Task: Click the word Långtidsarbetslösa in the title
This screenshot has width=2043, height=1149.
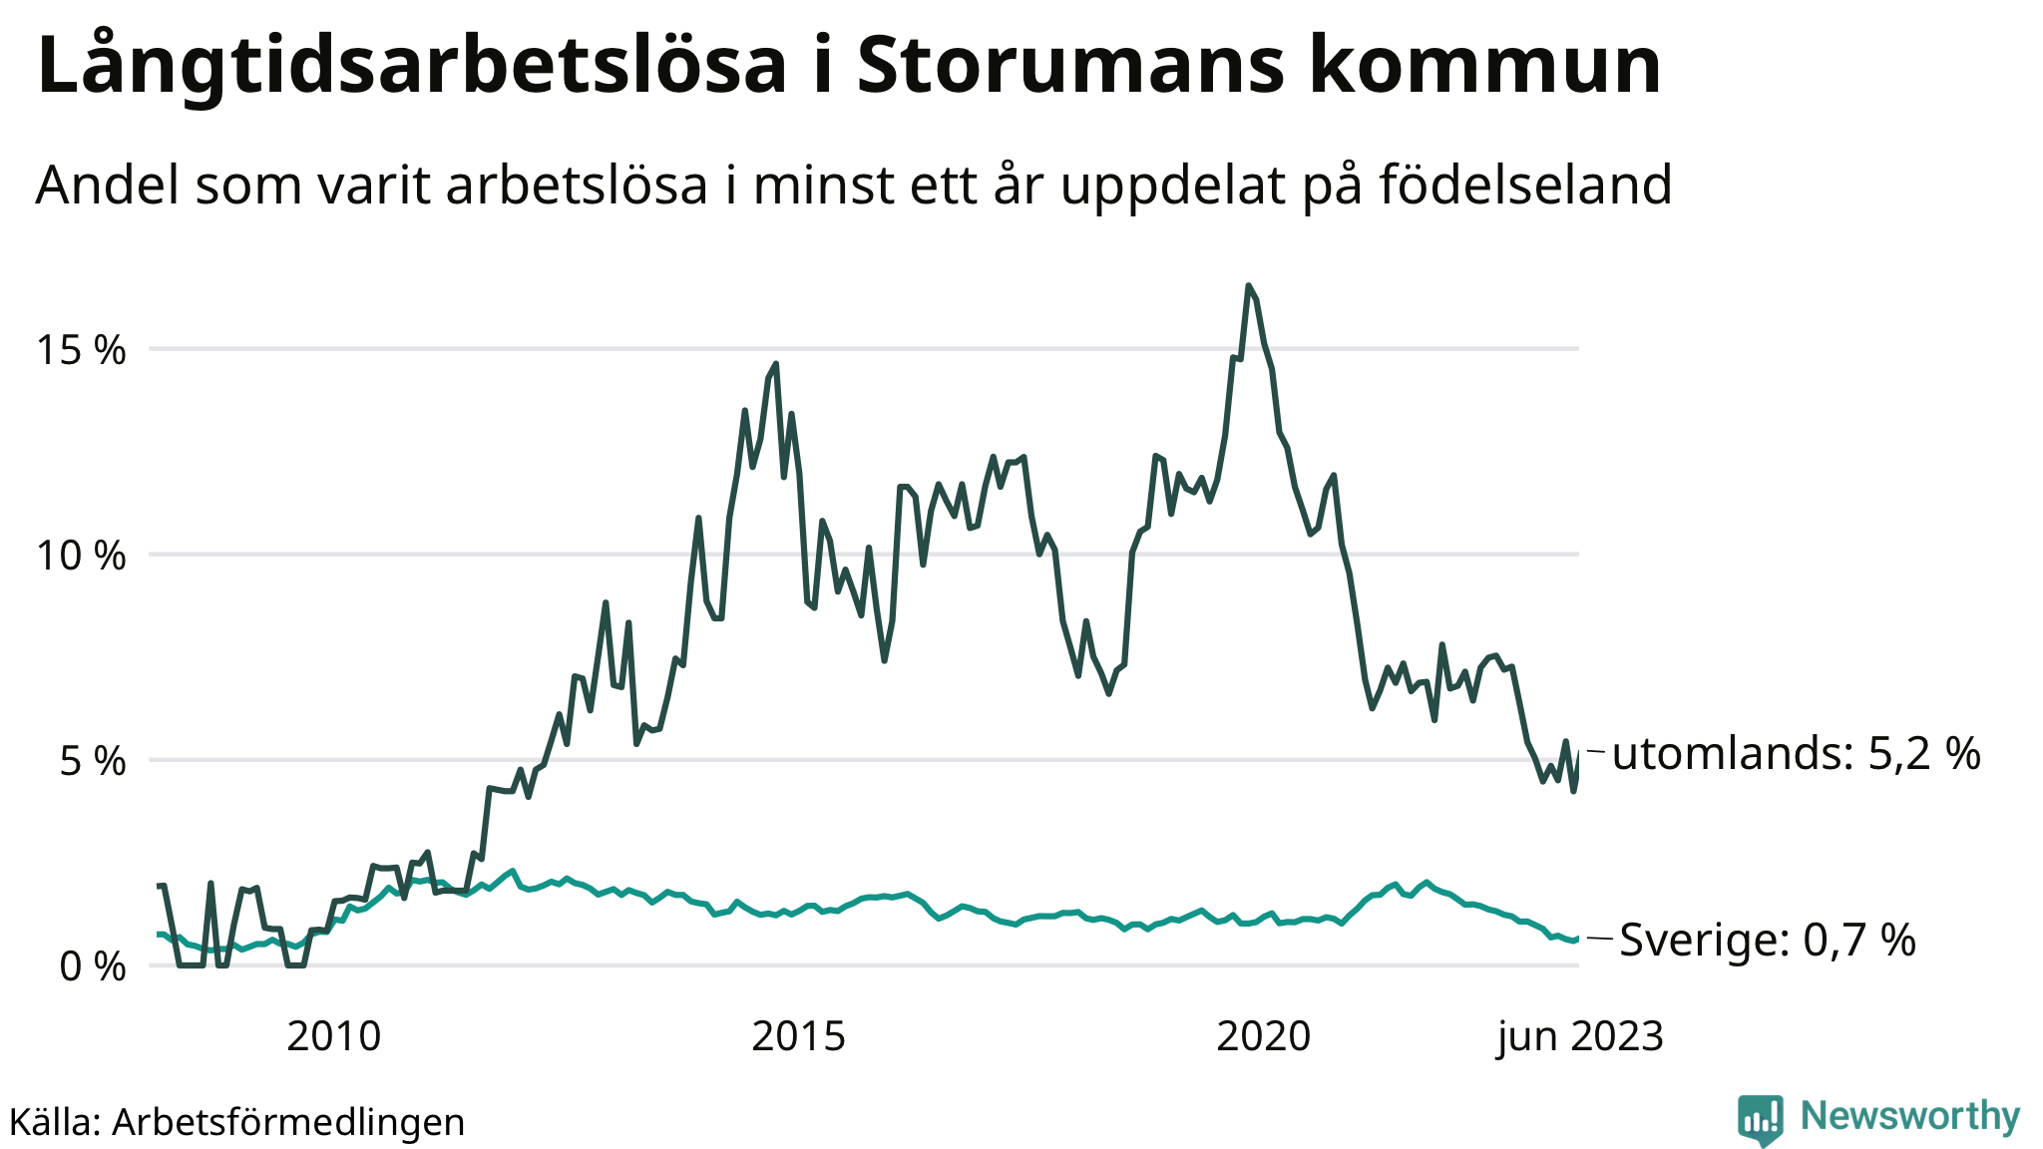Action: (x=411, y=66)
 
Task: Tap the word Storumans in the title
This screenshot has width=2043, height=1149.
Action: (x=1068, y=66)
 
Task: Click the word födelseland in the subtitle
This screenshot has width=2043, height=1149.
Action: (x=1525, y=185)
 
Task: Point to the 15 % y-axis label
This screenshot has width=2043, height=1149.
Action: (x=82, y=350)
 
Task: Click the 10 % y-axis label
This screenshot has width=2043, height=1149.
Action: (x=82, y=556)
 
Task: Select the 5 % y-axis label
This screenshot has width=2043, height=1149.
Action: (x=93, y=762)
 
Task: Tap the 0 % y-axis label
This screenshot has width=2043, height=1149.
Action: (x=93, y=966)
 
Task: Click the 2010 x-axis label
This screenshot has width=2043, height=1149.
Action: (x=333, y=1037)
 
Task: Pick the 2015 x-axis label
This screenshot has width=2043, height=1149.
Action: (x=798, y=1037)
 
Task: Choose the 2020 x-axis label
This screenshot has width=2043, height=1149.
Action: (x=1263, y=1037)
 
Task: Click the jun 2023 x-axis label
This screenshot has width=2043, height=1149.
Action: (x=1580, y=1037)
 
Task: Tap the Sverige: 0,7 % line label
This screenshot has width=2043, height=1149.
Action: (x=1767, y=940)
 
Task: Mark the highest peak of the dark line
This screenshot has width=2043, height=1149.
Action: (x=1248, y=286)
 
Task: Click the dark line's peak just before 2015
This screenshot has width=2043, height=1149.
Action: (x=776, y=364)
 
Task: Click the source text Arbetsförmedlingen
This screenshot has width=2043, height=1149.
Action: (x=288, y=1122)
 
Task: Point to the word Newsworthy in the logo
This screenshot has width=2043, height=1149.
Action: (x=1909, y=1115)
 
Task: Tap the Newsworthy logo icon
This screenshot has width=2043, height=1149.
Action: (x=1761, y=1119)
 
